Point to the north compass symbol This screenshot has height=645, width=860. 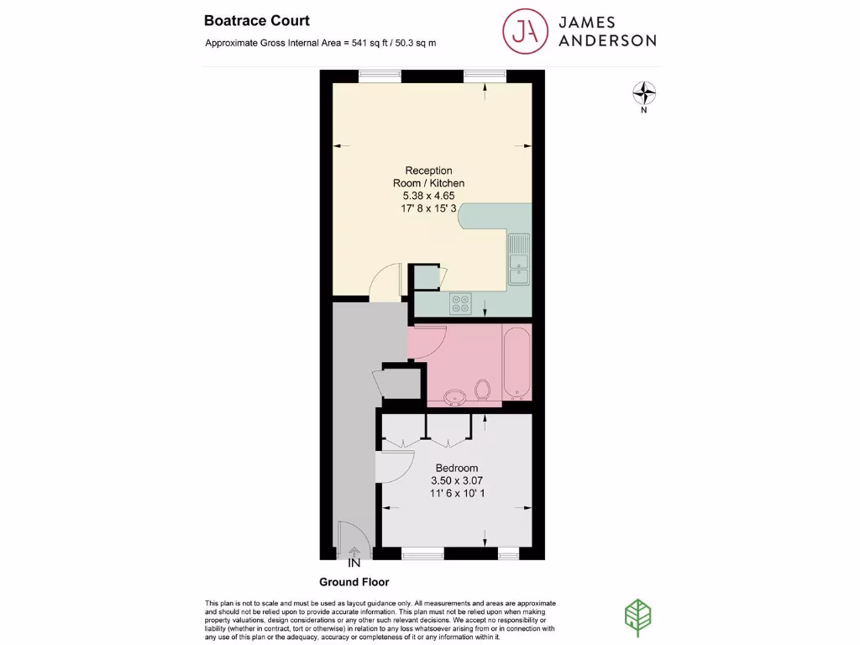tap(643, 92)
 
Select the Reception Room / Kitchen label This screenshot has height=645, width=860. tap(428, 176)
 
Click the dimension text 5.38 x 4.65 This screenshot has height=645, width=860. tap(428, 196)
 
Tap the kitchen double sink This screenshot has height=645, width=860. tap(519, 259)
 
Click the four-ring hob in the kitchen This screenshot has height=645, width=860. tap(461, 302)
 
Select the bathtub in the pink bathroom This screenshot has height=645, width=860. tap(516, 363)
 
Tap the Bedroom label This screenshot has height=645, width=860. tap(457, 468)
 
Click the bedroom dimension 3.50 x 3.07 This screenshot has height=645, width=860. tap(457, 480)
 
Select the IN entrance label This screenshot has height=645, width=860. tap(354, 563)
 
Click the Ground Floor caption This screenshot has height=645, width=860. tap(354, 582)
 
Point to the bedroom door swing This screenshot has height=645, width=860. tap(393, 466)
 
